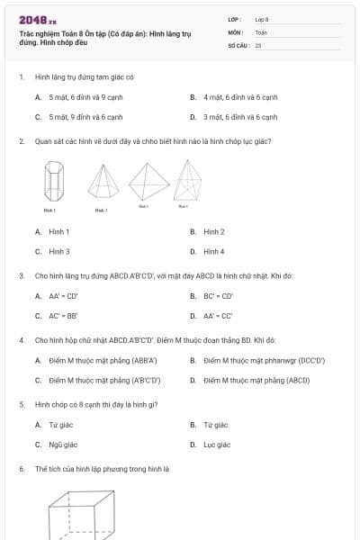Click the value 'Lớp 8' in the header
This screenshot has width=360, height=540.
pos(262,18)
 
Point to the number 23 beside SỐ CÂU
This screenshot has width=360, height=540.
pos(258,44)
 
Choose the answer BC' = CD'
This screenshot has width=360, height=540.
pos(218,295)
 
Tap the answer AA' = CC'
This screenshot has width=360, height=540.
pos(218,316)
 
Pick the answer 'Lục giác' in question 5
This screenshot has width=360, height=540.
pos(217,445)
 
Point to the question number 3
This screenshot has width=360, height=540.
pos(21,275)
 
